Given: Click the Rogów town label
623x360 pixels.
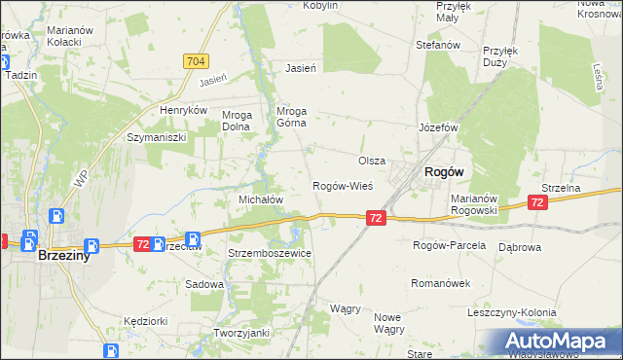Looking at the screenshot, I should pos(443,171).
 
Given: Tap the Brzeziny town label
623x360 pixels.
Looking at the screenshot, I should pos(65,258).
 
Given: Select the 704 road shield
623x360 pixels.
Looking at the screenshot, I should pos(195,61).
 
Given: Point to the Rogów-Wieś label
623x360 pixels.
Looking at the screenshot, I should pos(343,186).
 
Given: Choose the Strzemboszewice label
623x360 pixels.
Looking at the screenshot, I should pos(270,253).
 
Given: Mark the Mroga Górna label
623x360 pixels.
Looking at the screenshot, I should pos(292,117).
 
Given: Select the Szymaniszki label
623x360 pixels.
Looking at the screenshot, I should pos(156,138).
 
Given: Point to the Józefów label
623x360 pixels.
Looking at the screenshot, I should pos(438,128).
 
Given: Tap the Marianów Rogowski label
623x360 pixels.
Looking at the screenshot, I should pos(475,204).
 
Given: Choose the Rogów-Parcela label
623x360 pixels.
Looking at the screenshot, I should pos(449,245).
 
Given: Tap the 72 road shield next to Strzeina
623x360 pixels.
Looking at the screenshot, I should pos(536,202).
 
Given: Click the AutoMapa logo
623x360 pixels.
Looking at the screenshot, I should pos(560,341).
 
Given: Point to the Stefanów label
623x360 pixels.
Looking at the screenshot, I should pos(437,45).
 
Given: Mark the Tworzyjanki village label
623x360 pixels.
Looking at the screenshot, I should pos(241,333).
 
